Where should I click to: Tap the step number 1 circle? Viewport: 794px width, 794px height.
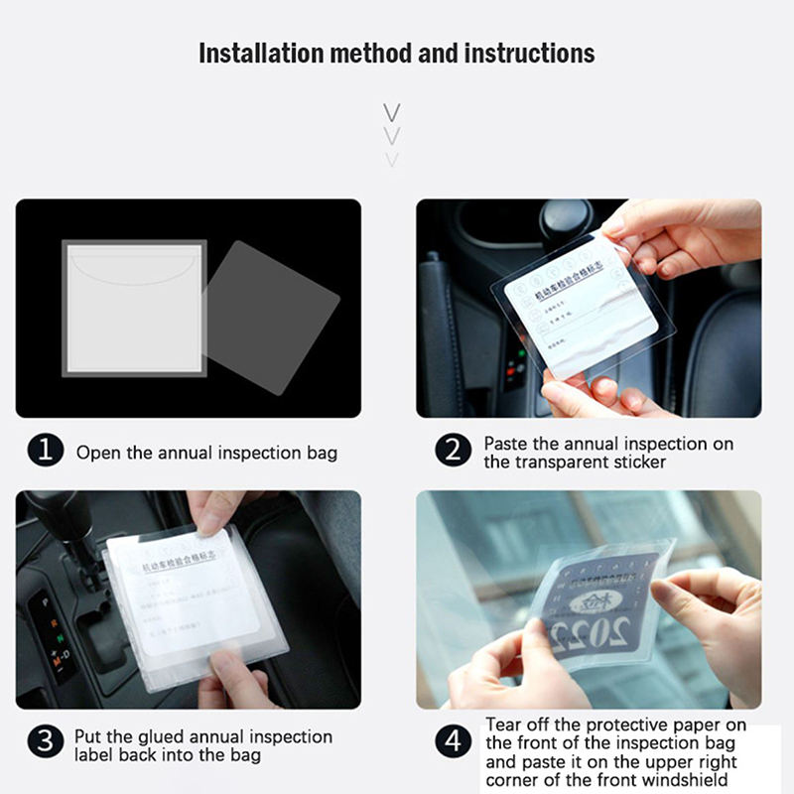click(45, 452)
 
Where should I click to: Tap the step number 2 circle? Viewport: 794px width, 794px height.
click(453, 452)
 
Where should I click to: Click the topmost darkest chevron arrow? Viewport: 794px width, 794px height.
click(392, 111)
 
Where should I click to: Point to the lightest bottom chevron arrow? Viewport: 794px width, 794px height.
click(392, 159)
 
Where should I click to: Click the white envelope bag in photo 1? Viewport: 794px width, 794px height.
click(134, 308)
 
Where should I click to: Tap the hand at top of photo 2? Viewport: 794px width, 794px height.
click(685, 233)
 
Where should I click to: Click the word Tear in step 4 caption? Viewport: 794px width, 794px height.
click(504, 726)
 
